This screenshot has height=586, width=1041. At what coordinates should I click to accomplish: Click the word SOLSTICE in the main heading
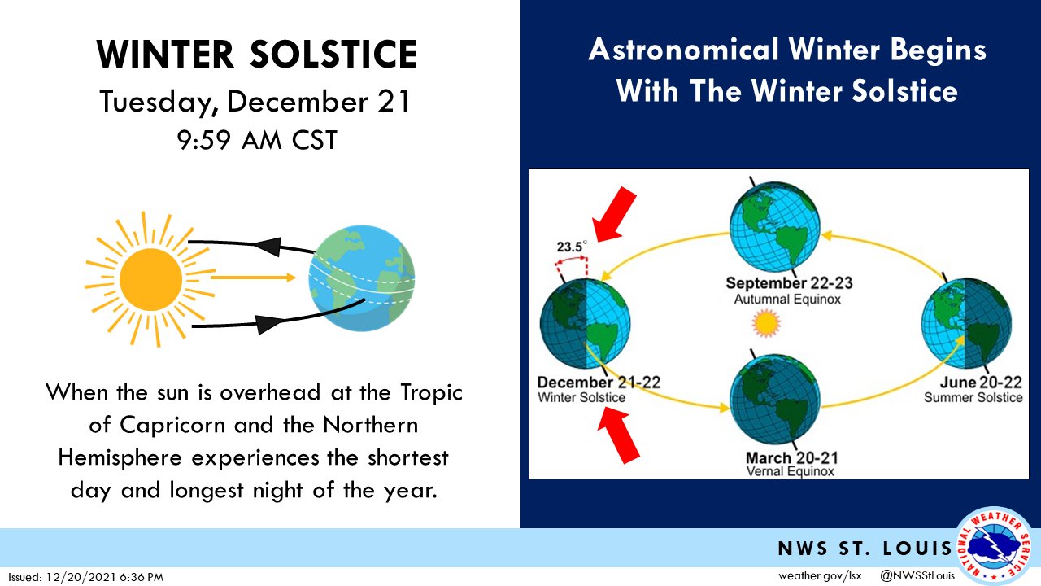pos(333,55)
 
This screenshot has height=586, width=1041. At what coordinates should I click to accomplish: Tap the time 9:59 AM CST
pos(257,140)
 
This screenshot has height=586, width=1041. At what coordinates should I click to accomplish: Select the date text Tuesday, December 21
pos(255,102)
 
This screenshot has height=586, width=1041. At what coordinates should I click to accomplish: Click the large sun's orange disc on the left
pos(150,279)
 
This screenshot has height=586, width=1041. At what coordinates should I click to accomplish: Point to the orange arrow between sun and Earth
pos(253,278)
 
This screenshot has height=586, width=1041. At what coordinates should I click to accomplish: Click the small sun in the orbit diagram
pos(766,324)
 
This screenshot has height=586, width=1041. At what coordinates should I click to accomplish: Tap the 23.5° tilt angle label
pos(572,247)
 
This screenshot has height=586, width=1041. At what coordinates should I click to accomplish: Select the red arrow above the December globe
pos(614,214)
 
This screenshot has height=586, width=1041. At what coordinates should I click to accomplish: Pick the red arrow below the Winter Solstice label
pos(619,435)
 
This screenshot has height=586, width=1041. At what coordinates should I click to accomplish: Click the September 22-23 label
pos(789,282)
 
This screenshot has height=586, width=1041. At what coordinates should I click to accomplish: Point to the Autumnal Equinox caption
pos(787,299)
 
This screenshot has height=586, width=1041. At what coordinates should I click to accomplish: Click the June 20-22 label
pos(981,383)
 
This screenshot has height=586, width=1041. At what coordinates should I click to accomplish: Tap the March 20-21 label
pos(792,457)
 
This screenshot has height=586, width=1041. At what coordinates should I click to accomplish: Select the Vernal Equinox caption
pos(790,471)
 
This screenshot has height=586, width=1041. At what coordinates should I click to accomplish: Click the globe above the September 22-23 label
pos(775,227)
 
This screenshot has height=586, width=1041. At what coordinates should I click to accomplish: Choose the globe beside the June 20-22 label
pos(967,324)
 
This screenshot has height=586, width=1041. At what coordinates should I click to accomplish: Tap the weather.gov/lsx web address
pos(820,575)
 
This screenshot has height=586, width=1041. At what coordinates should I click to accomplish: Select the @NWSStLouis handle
pos(917,575)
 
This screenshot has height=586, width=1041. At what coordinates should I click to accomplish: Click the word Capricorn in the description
pos(172,426)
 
